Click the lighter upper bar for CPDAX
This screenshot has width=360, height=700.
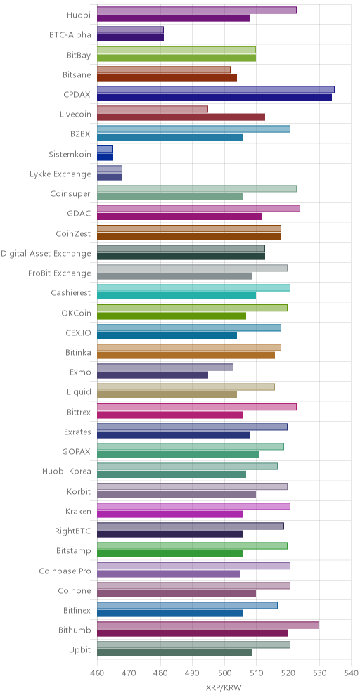pyautogui.click(x=216, y=89)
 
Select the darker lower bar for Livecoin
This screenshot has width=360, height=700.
pyautogui.click(x=181, y=117)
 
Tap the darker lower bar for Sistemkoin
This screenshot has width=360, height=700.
pyautogui.click(x=105, y=157)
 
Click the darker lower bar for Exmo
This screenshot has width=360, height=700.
pyautogui.click(x=153, y=375)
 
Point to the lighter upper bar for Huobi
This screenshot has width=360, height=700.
pyautogui.click(x=197, y=11)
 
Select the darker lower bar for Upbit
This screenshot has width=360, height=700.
pyautogui.click(x=174, y=653)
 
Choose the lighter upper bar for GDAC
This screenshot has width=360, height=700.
pyautogui.click(x=198, y=209)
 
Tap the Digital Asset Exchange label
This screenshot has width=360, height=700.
pyautogui.click(x=46, y=254)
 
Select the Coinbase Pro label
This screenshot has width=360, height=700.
pyautogui.click(x=65, y=571)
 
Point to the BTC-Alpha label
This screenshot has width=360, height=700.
pyautogui.click(x=70, y=35)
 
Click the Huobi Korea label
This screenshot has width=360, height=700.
pyautogui.click(x=67, y=472)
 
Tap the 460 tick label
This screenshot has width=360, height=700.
pyautogui.click(x=97, y=673)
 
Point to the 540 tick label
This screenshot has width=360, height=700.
pyautogui.click(x=352, y=673)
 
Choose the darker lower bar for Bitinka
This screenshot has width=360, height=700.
pyautogui.click(x=186, y=356)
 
